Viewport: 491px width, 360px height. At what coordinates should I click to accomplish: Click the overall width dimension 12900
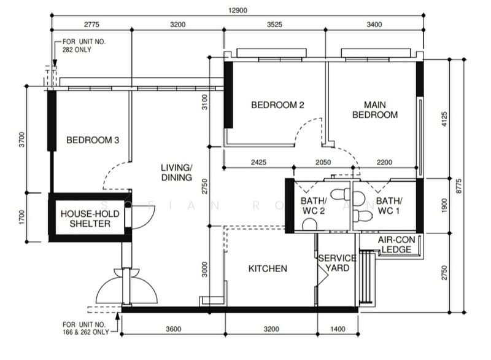(238, 10)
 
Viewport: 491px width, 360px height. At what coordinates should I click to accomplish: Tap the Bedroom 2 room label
(277, 105)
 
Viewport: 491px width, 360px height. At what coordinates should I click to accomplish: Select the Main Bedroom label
(375, 110)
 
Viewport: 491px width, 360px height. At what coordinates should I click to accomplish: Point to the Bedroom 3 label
(93, 140)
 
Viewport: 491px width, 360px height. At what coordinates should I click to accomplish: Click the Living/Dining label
(177, 173)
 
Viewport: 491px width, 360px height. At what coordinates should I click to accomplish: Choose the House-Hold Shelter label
(90, 219)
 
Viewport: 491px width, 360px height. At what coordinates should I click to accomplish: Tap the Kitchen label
(268, 268)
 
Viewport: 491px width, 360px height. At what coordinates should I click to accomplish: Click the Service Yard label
(337, 263)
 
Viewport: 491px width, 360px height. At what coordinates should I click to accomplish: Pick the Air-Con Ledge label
(396, 245)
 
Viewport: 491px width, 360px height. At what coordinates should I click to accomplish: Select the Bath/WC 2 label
(314, 206)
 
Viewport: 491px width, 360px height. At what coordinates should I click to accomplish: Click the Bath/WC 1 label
(389, 206)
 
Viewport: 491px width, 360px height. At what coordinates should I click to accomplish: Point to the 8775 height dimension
(458, 186)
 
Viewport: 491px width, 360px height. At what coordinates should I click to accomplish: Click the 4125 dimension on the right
(444, 119)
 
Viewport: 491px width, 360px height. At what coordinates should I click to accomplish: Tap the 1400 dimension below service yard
(338, 329)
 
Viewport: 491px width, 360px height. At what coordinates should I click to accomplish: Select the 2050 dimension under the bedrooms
(323, 162)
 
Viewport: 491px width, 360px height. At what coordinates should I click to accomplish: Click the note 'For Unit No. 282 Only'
(84, 45)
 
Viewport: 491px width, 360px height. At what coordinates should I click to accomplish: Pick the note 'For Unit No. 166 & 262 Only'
(86, 328)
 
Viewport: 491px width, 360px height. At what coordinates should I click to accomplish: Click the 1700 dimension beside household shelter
(21, 217)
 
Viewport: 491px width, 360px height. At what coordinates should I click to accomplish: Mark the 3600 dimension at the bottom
(174, 329)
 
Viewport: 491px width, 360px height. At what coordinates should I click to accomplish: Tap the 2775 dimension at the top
(91, 25)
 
